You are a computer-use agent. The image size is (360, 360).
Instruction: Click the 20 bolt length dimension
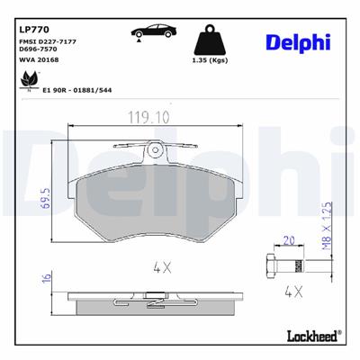(289, 239)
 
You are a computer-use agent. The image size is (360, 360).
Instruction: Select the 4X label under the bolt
(290, 292)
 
